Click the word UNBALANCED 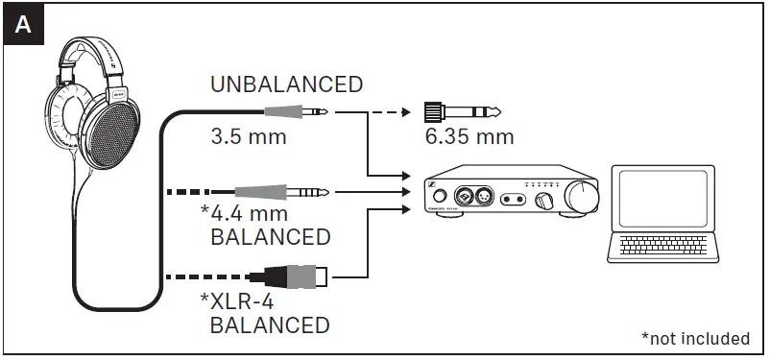tap(287, 84)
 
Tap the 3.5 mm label tap(248, 136)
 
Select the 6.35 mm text tap(469, 136)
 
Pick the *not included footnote tap(695, 338)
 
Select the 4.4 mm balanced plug tap(288, 193)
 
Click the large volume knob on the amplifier tap(581, 195)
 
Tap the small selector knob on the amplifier tap(545, 200)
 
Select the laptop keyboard tap(662, 248)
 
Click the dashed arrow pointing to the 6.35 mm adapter tap(390, 111)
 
